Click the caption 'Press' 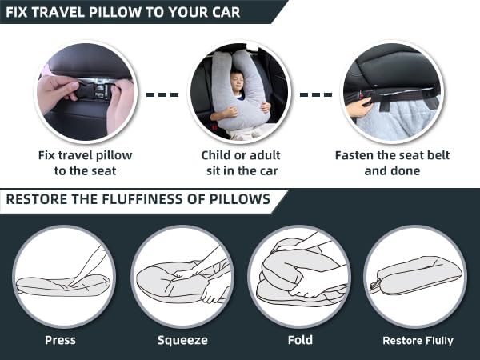coord(60,340)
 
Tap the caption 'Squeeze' coord(182,340)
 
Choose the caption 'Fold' coord(300,340)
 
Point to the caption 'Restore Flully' coord(418,341)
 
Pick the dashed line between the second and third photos coord(315,94)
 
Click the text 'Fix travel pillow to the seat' coord(85,162)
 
